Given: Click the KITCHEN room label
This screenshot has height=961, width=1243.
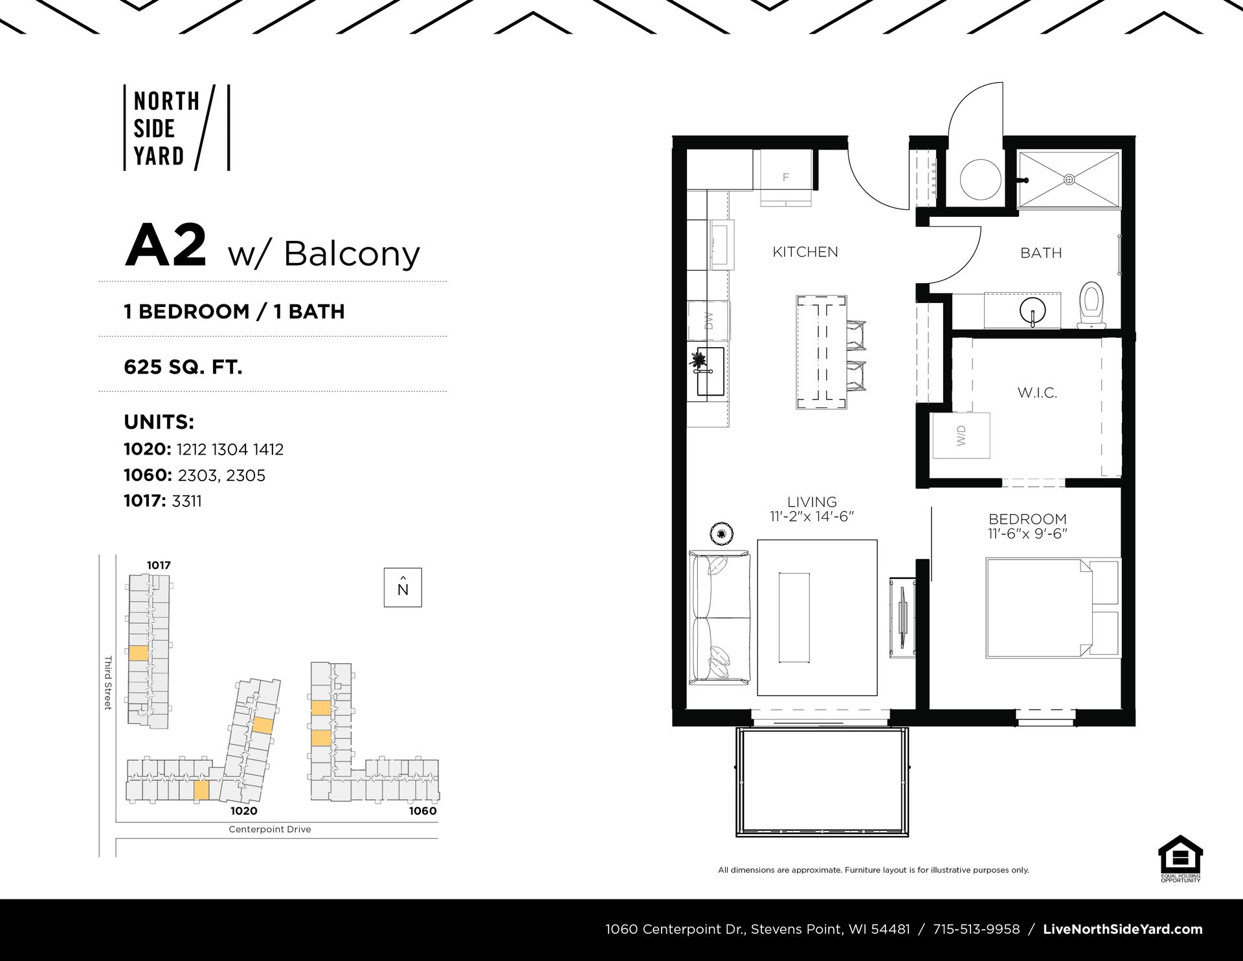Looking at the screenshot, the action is tap(805, 252).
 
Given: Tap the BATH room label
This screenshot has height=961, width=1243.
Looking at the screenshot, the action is tap(1041, 253).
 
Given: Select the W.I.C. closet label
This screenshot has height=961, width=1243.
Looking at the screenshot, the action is tap(1037, 392).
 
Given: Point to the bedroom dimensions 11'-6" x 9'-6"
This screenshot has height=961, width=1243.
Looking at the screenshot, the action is tap(1027, 534).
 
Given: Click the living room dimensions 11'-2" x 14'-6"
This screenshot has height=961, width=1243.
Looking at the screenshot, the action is tap(812, 516).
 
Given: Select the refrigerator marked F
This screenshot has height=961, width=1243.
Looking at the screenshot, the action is tap(786, 178).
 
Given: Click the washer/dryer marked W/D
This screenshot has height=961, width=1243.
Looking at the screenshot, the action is tap(961, 435).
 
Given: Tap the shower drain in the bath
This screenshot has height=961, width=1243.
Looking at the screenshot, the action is tap(1069, 179).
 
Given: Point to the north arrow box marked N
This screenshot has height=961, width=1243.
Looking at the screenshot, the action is tap(403, 587).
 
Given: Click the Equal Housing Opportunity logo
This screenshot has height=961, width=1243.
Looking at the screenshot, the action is tap(1180, 859).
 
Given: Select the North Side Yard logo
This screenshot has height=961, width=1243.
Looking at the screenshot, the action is tap(177, 128).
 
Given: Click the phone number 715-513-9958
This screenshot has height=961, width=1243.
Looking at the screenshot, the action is tap(976, 929).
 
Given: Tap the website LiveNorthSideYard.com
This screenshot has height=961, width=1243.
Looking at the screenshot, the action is tap(1123, 929).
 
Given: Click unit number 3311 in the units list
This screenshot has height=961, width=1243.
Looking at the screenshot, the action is tap(186, 501).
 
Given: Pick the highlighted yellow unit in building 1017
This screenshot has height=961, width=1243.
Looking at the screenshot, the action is tap(139, 653).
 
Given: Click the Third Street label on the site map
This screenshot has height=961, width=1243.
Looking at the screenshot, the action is tap(108, 683).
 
